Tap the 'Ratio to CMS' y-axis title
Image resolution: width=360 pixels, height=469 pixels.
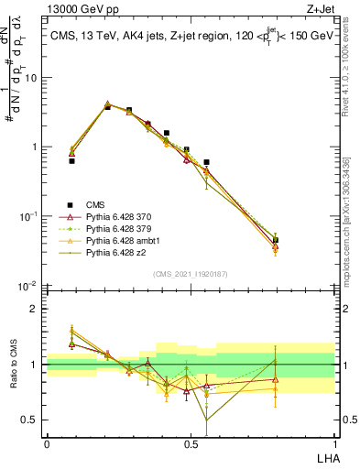[13, 365]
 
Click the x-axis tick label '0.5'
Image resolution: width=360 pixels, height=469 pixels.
[191, 442]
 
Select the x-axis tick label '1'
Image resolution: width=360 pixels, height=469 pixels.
[334, 442]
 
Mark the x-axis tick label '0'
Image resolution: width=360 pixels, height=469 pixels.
[47, 442]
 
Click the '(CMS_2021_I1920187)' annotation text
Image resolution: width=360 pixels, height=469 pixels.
[191, 274]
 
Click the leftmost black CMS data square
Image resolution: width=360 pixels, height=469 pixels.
[71, 160]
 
